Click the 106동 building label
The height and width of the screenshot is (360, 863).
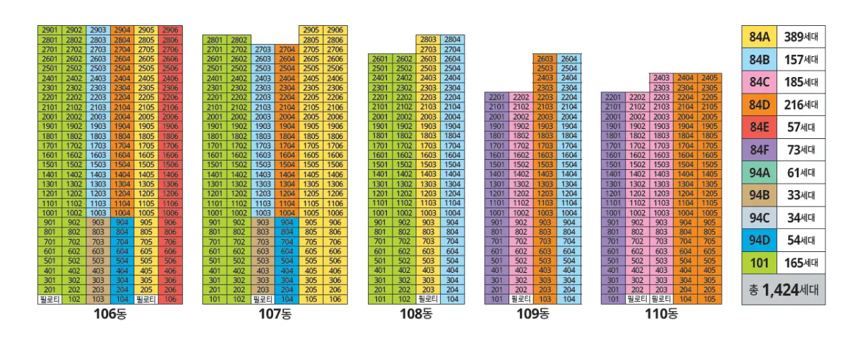tap(109, 313)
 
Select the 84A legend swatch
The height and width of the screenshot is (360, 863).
tap(759, 37)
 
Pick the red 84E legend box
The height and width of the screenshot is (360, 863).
tap(759, 127)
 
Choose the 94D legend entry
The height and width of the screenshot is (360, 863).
tap(759, 240)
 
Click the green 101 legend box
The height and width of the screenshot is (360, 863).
tap(759, 262)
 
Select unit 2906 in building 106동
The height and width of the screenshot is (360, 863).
tap(170, 30)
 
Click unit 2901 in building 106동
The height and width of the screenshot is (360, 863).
tap(49, 30)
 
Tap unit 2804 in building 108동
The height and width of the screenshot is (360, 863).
tap(452, 40)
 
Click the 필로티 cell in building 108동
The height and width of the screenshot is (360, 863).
tap(428, 298)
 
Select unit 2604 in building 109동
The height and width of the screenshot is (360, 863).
tap(568, 59)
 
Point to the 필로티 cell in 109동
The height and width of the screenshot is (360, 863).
tap(520, 298)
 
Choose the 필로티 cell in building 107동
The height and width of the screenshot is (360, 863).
tap(263, 298)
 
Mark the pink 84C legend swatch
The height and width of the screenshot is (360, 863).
tap(759, 82)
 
